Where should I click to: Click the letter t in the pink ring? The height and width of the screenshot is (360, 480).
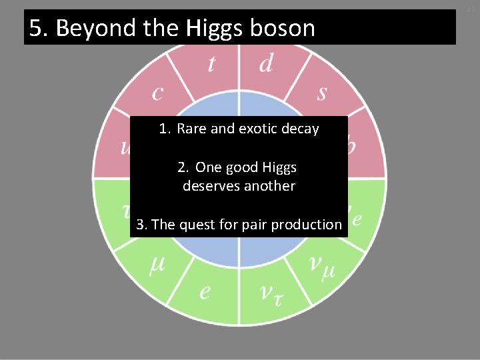211,63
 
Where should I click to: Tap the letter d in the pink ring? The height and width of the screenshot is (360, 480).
265,63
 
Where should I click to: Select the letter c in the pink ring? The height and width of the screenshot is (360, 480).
157,92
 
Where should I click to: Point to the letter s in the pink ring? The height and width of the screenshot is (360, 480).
322,92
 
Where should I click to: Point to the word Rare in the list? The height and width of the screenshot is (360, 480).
192,129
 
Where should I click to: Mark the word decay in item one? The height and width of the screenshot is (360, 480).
299,129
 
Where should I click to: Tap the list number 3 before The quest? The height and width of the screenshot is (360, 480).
141,225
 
